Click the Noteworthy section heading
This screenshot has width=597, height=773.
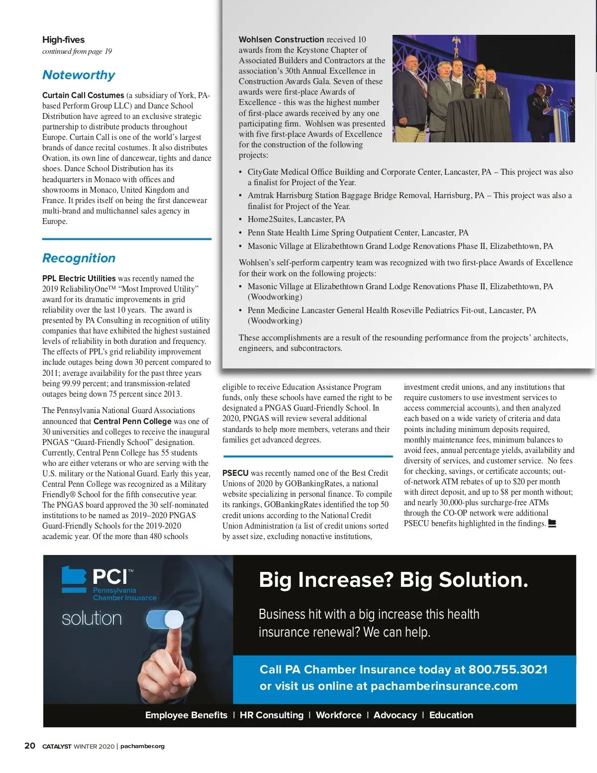(79, 75)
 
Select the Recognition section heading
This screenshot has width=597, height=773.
(79, 258)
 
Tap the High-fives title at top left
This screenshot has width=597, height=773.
(63, 40)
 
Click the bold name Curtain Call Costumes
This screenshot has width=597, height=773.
(83, 95)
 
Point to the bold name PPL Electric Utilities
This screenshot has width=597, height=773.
(79, 278)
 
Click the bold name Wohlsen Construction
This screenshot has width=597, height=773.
(281, 39)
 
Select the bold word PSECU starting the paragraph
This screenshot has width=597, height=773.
(235, 473)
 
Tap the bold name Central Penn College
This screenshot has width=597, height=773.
(132, 421)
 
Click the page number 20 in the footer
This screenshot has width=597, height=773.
(30, 746)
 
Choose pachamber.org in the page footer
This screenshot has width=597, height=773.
(142, 746)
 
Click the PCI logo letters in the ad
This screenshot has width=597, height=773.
(110, 577)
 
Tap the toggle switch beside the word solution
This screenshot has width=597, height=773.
(165, 620)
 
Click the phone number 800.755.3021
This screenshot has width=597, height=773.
(507, 669)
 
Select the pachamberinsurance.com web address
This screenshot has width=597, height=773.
(444, 686)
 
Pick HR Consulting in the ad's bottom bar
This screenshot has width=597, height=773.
(271, 715)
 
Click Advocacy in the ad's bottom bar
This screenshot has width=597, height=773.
(395, 715)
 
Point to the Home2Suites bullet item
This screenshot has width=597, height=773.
(296, 220)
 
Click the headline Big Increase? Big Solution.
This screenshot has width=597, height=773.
(393, 580)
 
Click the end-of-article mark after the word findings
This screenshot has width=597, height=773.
(552, 524)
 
